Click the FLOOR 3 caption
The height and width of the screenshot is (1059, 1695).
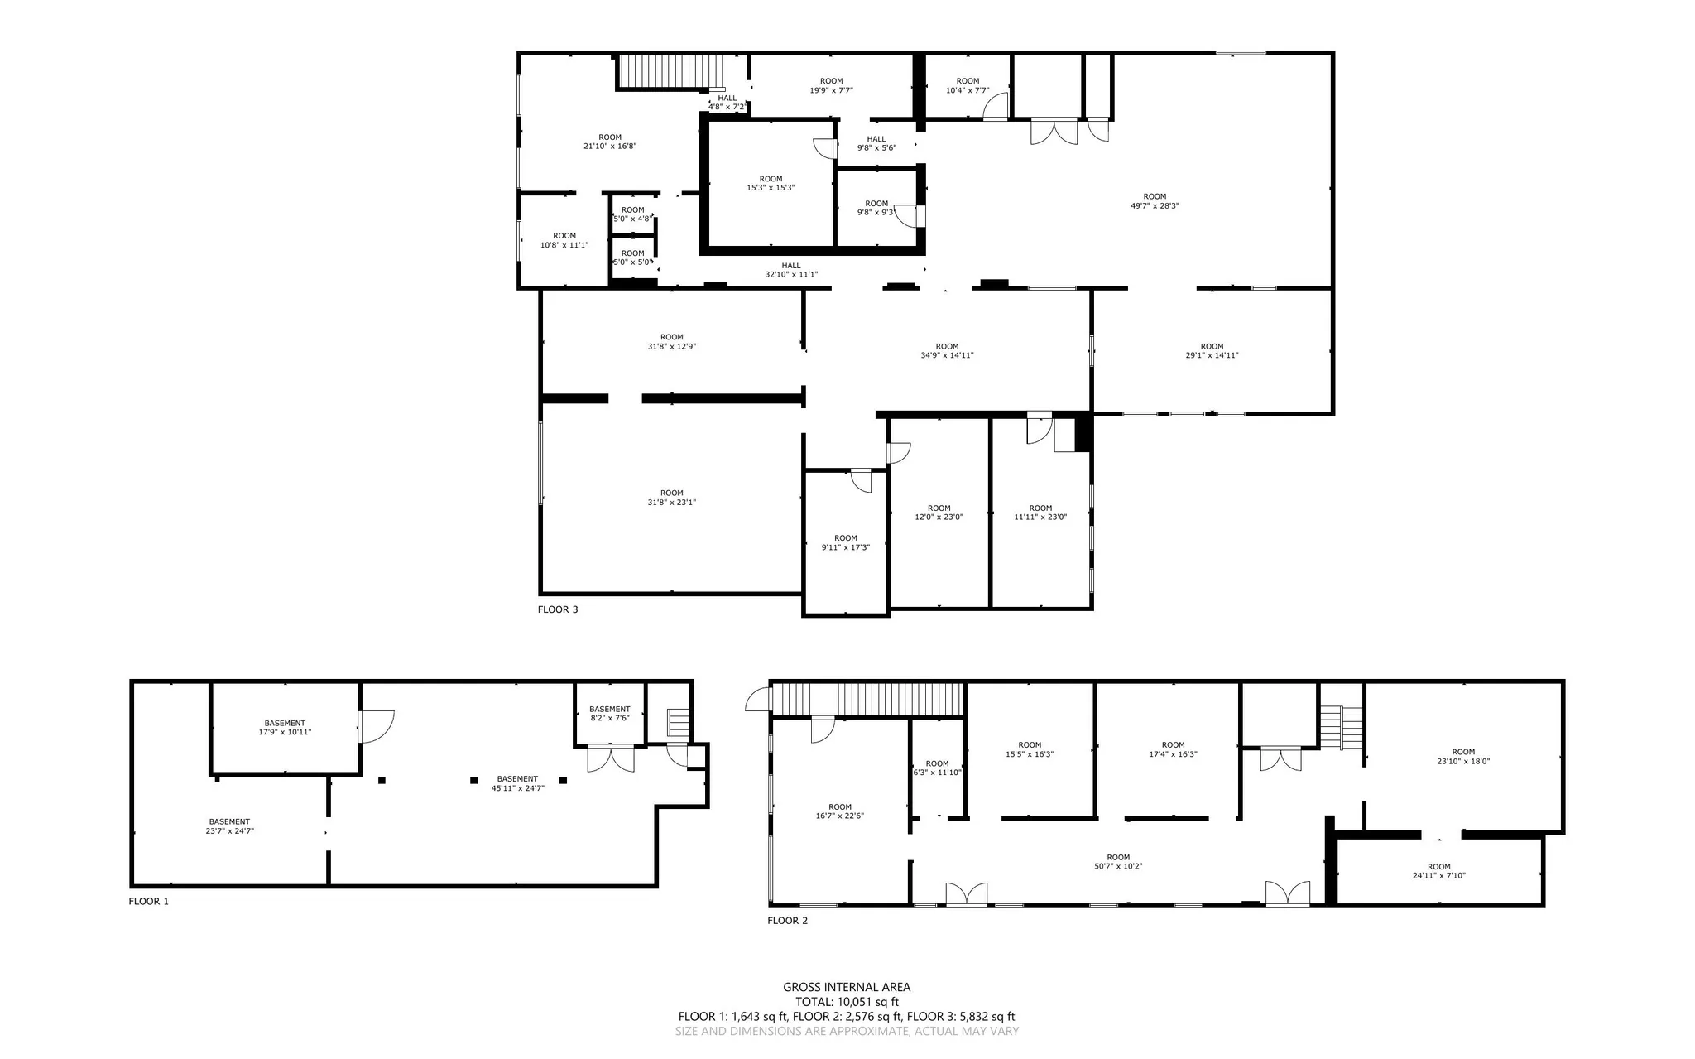pos(558,609)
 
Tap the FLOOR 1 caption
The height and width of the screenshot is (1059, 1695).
pos(148,901)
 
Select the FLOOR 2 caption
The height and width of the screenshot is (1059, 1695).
pos(787,920)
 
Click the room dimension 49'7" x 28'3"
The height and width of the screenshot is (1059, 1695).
pos(1155,201)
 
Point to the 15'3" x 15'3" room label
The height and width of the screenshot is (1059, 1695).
pos(771,183)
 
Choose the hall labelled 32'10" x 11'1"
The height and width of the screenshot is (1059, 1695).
pos(791,270)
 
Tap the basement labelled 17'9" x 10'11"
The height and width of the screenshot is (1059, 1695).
pos(285,727)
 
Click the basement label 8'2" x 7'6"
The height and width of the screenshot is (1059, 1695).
pos(609,713)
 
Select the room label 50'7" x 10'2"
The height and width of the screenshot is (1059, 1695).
pos(1118,861)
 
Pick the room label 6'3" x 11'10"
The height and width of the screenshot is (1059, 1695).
pos(937,768)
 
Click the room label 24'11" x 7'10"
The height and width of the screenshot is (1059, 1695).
pos(1438,870)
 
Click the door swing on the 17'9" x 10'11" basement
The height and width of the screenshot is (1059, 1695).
pos(377,726)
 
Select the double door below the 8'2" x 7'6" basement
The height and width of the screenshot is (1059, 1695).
pos(610,758)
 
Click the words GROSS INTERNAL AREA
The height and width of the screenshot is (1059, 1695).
pos(847,987)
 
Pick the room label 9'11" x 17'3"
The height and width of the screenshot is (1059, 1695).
pos(846,542)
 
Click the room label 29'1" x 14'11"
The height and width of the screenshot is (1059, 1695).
pos(1212,351)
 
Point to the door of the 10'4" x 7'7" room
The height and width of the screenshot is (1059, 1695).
pos(996,107)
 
